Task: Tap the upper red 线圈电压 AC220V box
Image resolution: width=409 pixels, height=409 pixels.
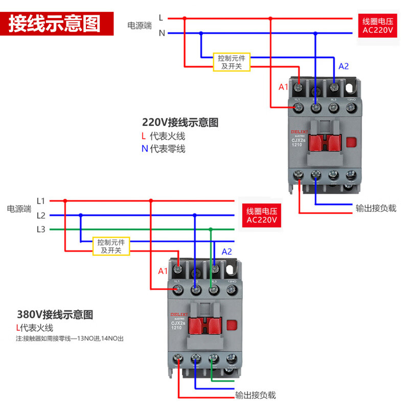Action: coord(378,26)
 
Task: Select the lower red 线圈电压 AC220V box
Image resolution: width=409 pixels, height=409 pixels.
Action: coord(261,216)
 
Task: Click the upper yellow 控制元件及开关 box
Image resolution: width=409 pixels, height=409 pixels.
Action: coord(232,62)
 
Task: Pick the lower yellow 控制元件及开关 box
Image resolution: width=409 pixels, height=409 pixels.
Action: coord(111,246)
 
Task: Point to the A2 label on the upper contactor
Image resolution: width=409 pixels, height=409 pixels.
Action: coord(343,66)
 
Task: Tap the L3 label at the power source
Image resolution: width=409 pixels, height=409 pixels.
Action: coord(41,229)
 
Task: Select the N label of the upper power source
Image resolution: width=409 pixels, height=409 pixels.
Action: coord(162,33)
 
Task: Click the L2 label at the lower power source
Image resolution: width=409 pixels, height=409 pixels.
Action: coord(41,215)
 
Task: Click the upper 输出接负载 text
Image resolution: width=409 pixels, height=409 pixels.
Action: coord(376,209)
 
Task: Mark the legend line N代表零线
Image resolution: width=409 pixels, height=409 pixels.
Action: coord(163,149)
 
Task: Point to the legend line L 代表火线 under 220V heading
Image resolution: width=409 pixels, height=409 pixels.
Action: coord(163,137)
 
